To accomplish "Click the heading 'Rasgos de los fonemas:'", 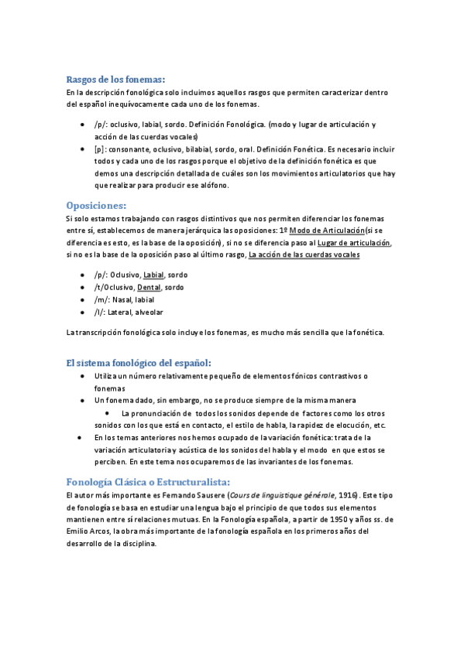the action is pos(116,79).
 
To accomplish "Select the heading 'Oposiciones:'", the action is pos(96,205).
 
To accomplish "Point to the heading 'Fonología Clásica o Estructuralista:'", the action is pos(143,480).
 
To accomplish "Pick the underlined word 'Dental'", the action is pos(149,287).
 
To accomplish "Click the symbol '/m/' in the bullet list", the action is pos(101,299).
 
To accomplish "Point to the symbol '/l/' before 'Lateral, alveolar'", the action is pos(99,312).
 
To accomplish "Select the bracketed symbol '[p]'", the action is pos(99,149).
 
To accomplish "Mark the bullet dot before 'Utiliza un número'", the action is pos(83,375).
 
